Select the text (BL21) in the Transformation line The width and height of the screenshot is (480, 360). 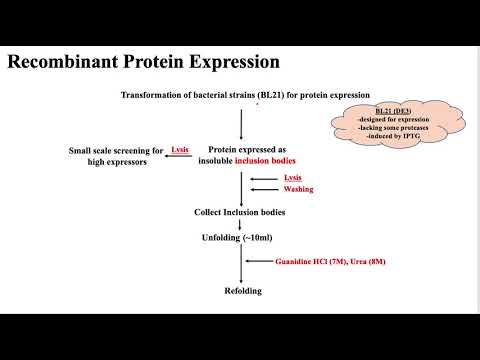pos(270,95)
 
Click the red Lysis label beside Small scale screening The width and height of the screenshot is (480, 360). pos(180,149)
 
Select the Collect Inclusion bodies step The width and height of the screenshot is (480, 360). pos(240,212)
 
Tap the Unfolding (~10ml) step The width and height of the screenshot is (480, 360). pos(240,237)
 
